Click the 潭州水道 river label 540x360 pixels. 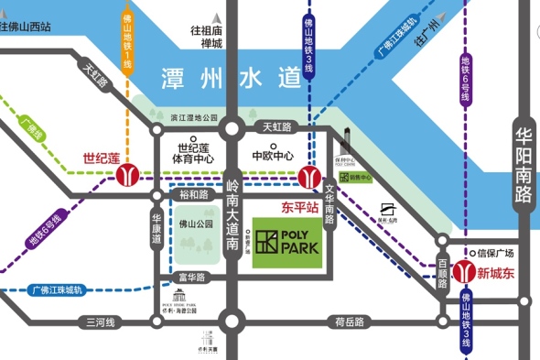coord(230,77)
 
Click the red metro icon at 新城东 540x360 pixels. coord(464,270)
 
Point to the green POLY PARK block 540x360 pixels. coord(287,243)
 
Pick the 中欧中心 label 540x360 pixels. coord(273,154)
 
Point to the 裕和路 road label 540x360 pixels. coord(194,194)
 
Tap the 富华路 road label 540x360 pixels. coord(193,277)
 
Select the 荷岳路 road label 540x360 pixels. coord(350,322)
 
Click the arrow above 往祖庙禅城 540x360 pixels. coord(217,16)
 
